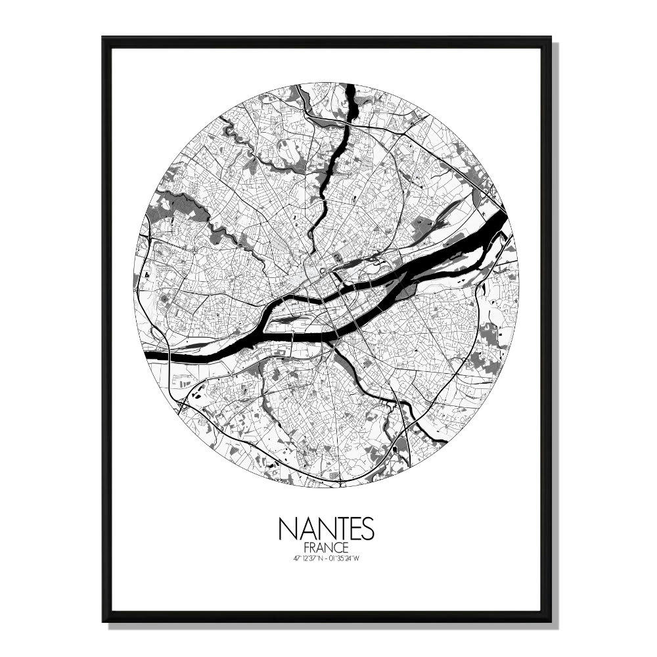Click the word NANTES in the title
[326, 528]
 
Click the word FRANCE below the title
[326, 547]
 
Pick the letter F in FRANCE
[307, 547]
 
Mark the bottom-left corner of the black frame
[104, 620]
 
